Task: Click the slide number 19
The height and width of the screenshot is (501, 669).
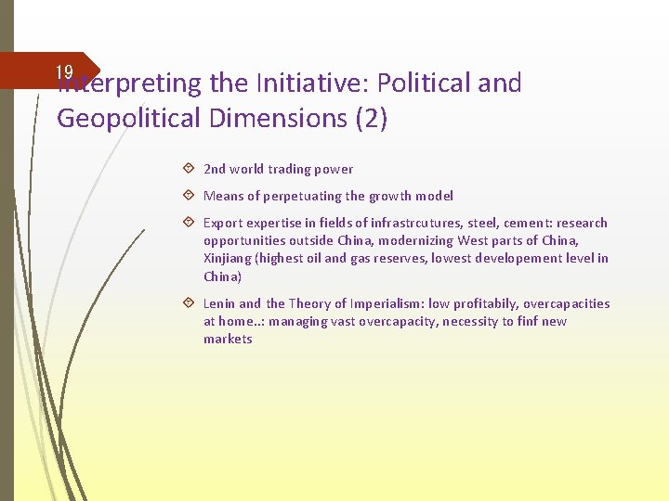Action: pos(64,72)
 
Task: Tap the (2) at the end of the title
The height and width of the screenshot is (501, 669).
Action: pos(371,119)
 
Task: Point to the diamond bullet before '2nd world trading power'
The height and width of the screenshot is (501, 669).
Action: pos(189,169)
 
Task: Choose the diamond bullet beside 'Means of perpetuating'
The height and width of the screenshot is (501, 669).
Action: pos(189,196)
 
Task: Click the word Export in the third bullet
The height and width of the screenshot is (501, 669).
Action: pos(222,223)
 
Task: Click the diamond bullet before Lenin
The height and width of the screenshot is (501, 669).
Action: pos(189,303)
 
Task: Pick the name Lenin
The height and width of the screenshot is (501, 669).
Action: pos(219,303)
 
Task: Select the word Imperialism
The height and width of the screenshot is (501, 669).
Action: pos(379,303)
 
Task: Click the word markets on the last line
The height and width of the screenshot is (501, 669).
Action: pos(228,339)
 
